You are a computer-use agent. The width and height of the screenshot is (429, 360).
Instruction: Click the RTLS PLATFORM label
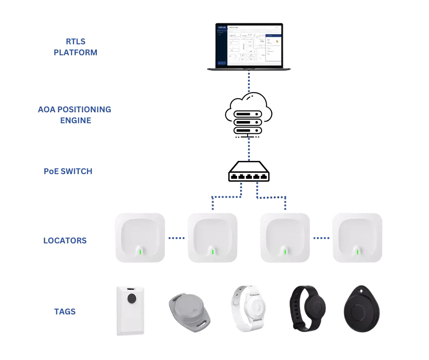pyautogui.click(x=75, y=47)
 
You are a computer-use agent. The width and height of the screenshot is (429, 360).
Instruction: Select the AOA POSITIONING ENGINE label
pyautogui.click(x=75, y=114)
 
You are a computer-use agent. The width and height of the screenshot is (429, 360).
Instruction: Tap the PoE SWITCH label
pyautogui.click(x=68, y=171)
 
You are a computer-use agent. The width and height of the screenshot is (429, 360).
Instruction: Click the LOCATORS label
pyautogui.click(x=65, y=241)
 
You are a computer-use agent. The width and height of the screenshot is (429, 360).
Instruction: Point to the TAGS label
pyautogui.click(x=65, y=312)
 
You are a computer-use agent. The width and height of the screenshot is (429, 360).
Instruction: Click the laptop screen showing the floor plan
pyautogui.click(x=248, y=45)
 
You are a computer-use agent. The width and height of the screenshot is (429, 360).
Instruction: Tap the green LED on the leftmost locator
pyautogui.click(x=140, y=252)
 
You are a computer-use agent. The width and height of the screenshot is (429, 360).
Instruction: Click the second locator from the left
pyautogui.click(x=212, y=237)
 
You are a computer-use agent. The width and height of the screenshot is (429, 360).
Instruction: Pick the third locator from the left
pyautogui.click(x=285, y=237)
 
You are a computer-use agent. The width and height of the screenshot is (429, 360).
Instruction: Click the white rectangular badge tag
pyautogui.click(x=131, y=310)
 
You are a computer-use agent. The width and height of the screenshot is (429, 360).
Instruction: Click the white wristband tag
pyautogui.click(x=248, y=307)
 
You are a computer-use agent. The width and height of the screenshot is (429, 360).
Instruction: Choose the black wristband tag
pyautogui.click(x=308, y=308)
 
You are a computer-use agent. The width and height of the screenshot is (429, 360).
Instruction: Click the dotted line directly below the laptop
pyautogui.click(x=248, y=82)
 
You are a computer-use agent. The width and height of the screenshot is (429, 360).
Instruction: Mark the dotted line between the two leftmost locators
pyautogui.click(x=177, y=239)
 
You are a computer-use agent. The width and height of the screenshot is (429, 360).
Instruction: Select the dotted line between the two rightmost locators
pyautogui.click(x=321, y=239)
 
